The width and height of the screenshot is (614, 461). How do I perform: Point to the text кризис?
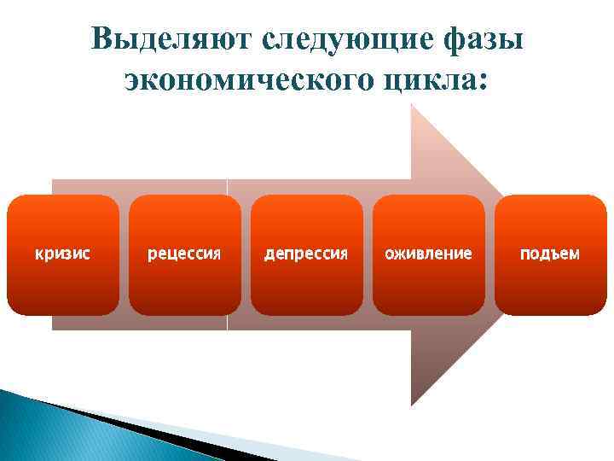(x=63, y=254)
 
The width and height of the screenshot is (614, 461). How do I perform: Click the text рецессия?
(x=185, y=254)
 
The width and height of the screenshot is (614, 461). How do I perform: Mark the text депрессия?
(x=306, y=254)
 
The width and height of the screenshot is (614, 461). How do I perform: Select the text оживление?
(x=428, y=254)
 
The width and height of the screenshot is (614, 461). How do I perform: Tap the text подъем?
(x=550, y=254)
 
